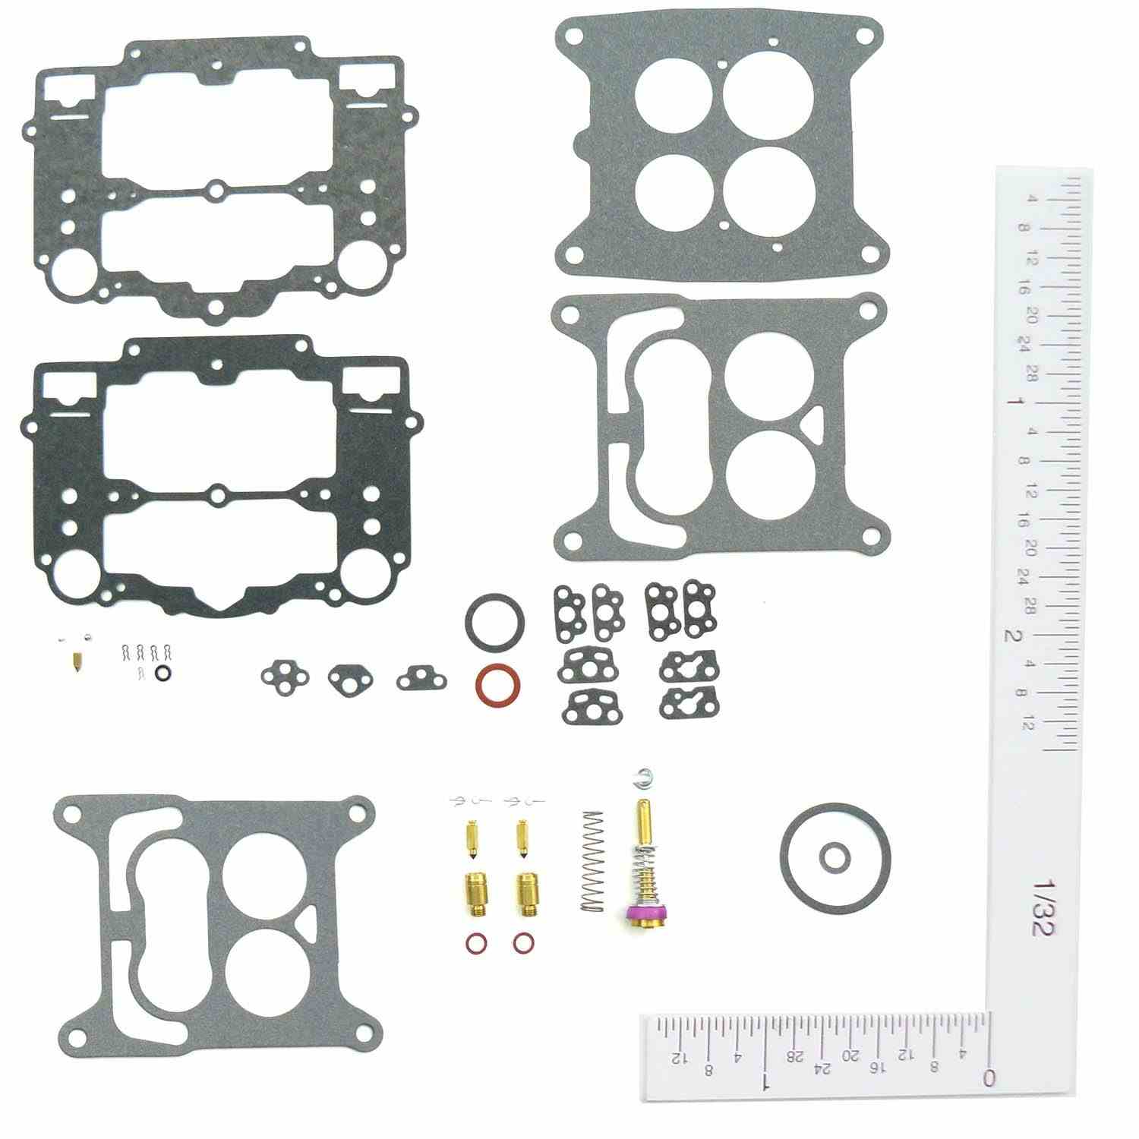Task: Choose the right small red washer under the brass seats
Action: [522, 942]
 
